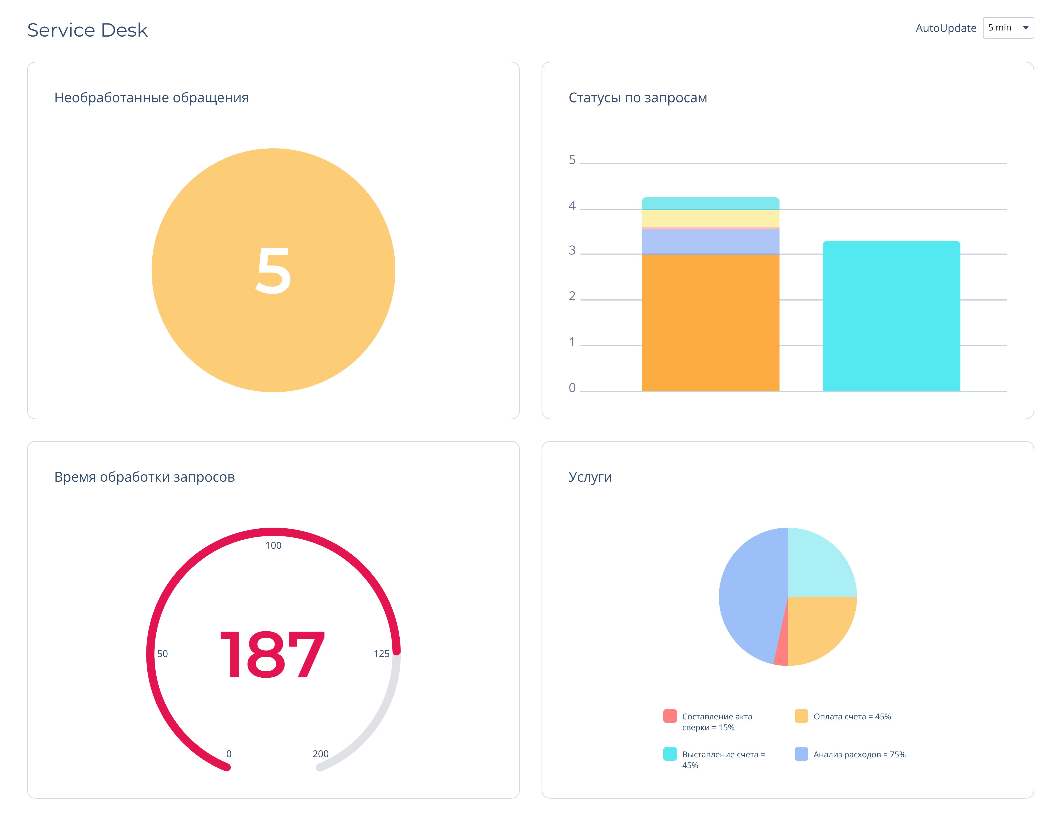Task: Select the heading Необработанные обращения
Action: coord(151,98)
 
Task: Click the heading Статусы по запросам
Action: coord(637,98)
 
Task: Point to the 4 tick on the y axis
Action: coord(572,206)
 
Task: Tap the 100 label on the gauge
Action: coord(273,545)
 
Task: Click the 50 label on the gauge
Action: coord(162,654)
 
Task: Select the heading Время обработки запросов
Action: coord(144,477)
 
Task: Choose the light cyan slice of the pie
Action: coord(817,566)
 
